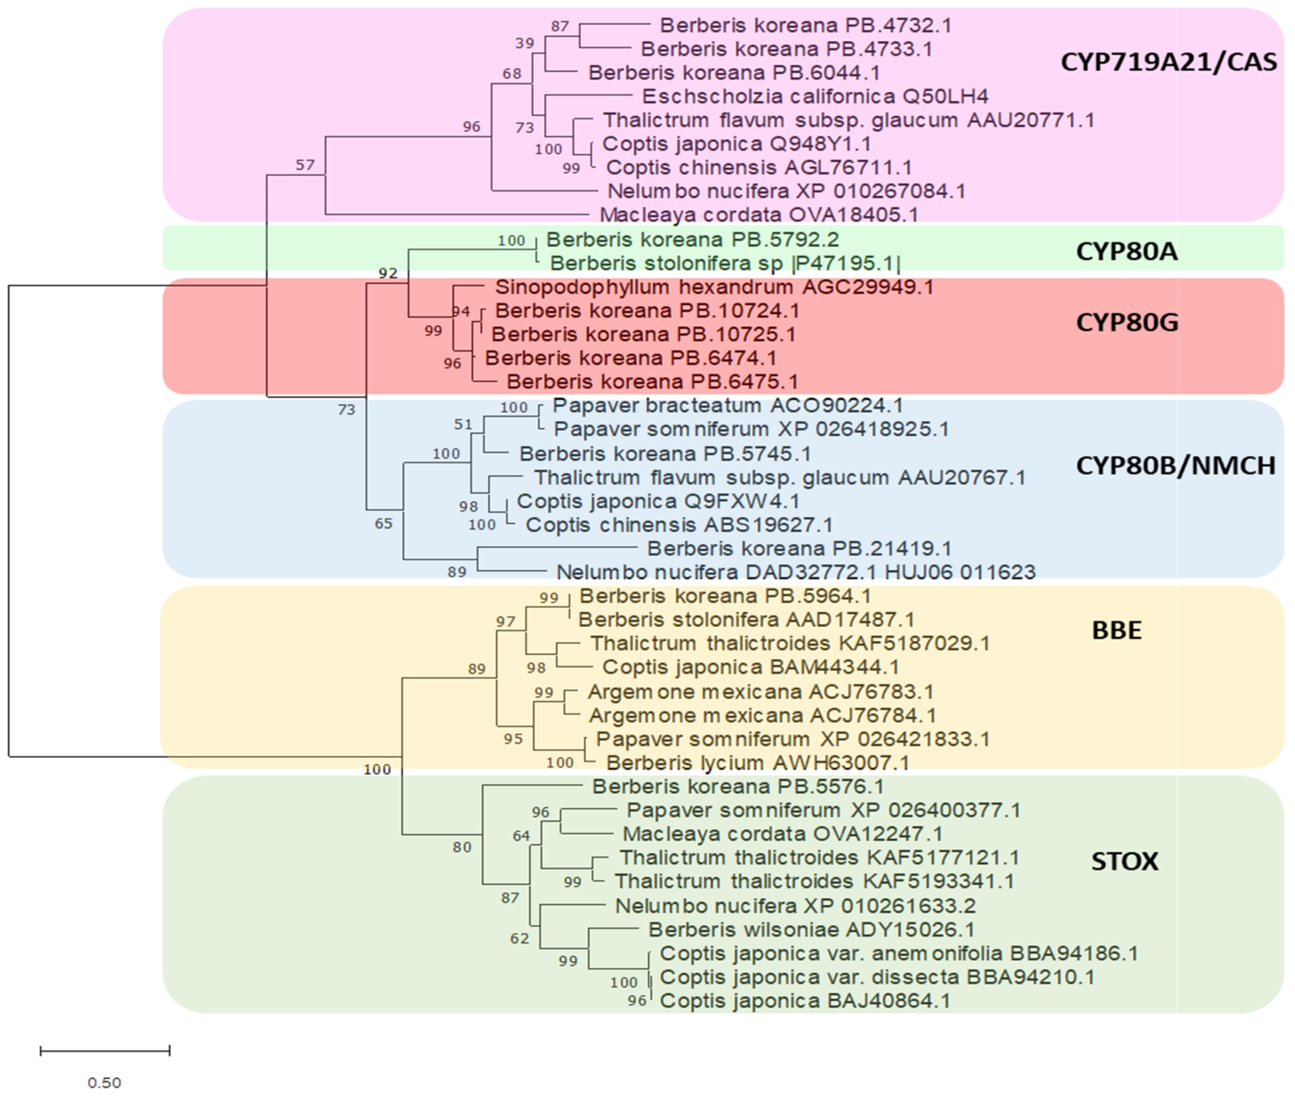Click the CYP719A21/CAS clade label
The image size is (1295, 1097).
click(x=1168, y=62)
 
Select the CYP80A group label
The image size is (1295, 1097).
click(x=1126, y=251)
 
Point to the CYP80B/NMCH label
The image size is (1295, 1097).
click(x=1175, y=465)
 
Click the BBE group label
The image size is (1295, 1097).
click(x=1117, y=631)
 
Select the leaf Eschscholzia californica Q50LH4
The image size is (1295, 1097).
click(x=815, y=96)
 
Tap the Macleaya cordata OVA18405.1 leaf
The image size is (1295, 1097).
click(x=759, y=214)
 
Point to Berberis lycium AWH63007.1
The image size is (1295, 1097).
click(x=758, y=763)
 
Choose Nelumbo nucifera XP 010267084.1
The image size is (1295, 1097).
click(x=786, y=191)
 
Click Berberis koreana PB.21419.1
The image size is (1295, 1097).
click(x=799, y=548)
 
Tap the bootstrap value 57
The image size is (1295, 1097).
click(x=305, y=165)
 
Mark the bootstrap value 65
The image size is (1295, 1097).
click(x=383, y=524)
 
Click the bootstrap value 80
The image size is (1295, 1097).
click(x=461, y=847)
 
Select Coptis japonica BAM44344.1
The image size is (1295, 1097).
click(x=750, y=667)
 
